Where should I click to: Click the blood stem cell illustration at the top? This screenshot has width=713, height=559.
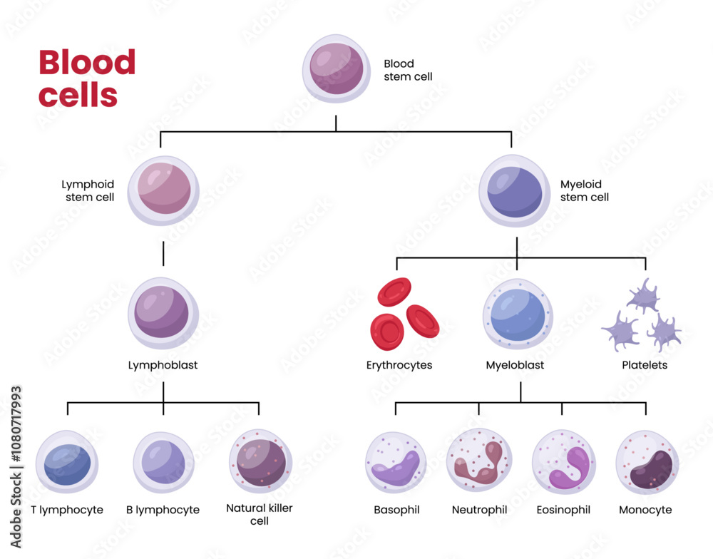(x=336, y=70)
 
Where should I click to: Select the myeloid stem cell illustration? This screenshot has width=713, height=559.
(x=517, y=192)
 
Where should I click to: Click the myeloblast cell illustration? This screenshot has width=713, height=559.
(x=518, y=314)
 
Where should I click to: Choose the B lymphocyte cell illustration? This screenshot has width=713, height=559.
(x=163, y=462)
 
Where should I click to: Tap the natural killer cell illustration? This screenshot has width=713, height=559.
(x=260, y=462)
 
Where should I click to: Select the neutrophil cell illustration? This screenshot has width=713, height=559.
(x=479, y=462)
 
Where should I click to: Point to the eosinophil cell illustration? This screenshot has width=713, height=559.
(x=563, y=462)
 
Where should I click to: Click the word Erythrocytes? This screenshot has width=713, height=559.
(x=399, y=366)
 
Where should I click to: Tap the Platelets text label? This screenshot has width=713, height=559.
(x=645, y=366)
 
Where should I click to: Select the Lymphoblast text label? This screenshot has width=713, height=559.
(x=163, y=366)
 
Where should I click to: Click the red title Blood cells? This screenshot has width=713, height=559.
(x=86, y=78)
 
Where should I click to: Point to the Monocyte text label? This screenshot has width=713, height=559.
(x=645, y=510)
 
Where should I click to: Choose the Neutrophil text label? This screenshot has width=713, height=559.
(x=479, y=510)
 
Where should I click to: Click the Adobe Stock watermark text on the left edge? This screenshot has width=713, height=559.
(x=16, y=467)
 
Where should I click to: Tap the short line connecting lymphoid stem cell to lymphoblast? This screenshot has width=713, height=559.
(x=163, y=253)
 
